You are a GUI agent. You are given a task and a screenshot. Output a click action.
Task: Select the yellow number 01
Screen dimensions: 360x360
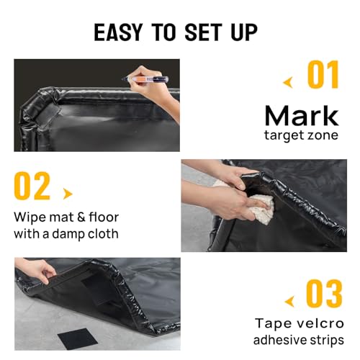[x=324, y=75]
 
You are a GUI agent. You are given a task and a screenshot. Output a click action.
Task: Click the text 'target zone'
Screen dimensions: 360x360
[x=301, y=135]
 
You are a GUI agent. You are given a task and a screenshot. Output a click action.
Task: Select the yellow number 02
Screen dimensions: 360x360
[x=32, y=186]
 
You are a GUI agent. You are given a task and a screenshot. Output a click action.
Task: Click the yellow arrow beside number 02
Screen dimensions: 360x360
[x=68, y=193]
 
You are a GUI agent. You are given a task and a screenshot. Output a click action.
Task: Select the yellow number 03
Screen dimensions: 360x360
[x=324, y=293]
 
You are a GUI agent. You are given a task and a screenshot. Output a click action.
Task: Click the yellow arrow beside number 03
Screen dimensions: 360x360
[x=289, y=300]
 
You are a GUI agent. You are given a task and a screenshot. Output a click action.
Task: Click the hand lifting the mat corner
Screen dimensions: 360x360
[x=45, y=272]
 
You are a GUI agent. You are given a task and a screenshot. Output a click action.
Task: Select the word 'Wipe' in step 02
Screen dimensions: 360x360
[x=29, y=218]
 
